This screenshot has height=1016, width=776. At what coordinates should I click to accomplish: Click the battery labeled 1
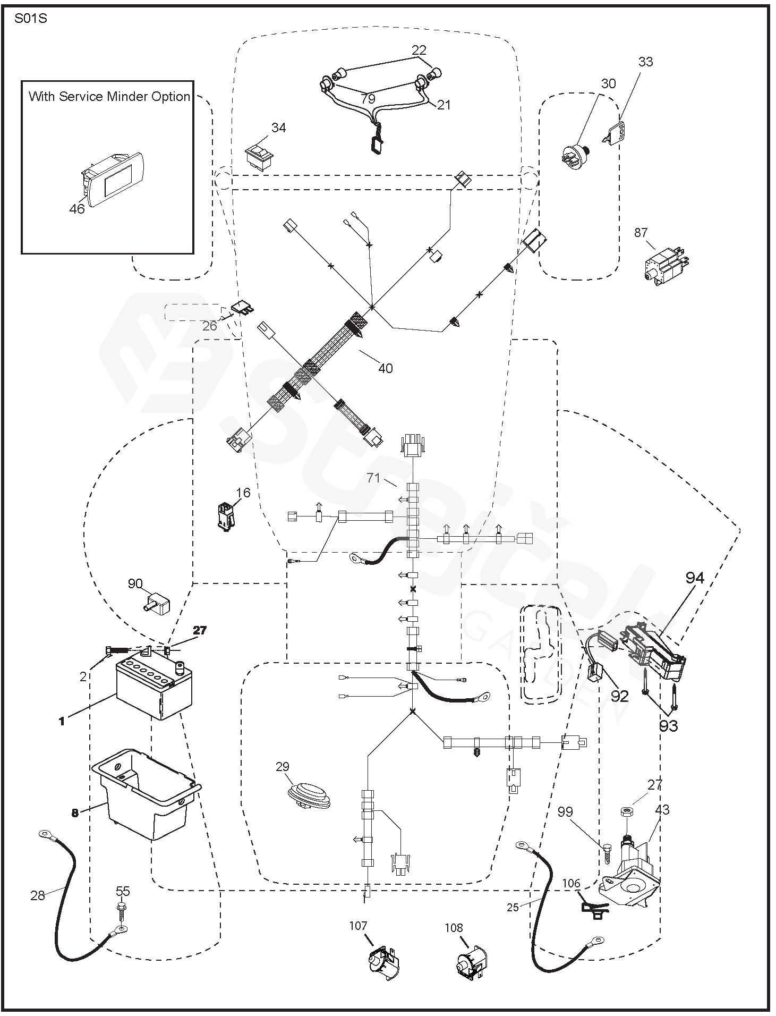click(x=154, y=687)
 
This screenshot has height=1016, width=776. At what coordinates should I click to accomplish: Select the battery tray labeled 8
click(x=146, y=793)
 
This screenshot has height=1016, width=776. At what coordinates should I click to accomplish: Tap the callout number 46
click(x=77, y=209)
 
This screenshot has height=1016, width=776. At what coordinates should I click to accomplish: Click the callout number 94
click(x=694, y=578)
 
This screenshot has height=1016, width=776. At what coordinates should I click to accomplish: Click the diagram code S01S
click(x=30, y=18)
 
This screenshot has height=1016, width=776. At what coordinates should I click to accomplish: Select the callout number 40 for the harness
click(x=385, y=368)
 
